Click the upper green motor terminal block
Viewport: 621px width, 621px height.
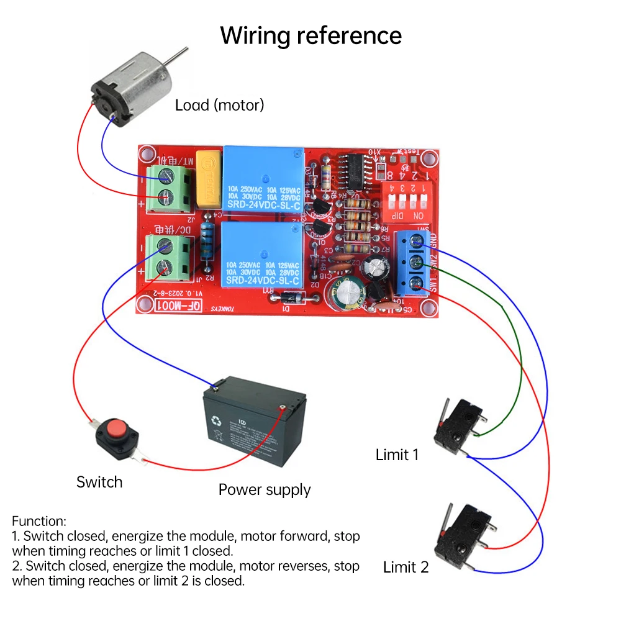point(169,187)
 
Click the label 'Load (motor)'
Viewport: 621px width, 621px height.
point(219,105)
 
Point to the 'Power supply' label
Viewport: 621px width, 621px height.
point(264,489)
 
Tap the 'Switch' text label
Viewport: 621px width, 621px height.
point(99,482)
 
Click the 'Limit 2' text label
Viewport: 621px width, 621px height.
point(406,567)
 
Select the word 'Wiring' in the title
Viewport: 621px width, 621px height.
point(256,35)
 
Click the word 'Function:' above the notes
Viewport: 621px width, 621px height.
point(39,521)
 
